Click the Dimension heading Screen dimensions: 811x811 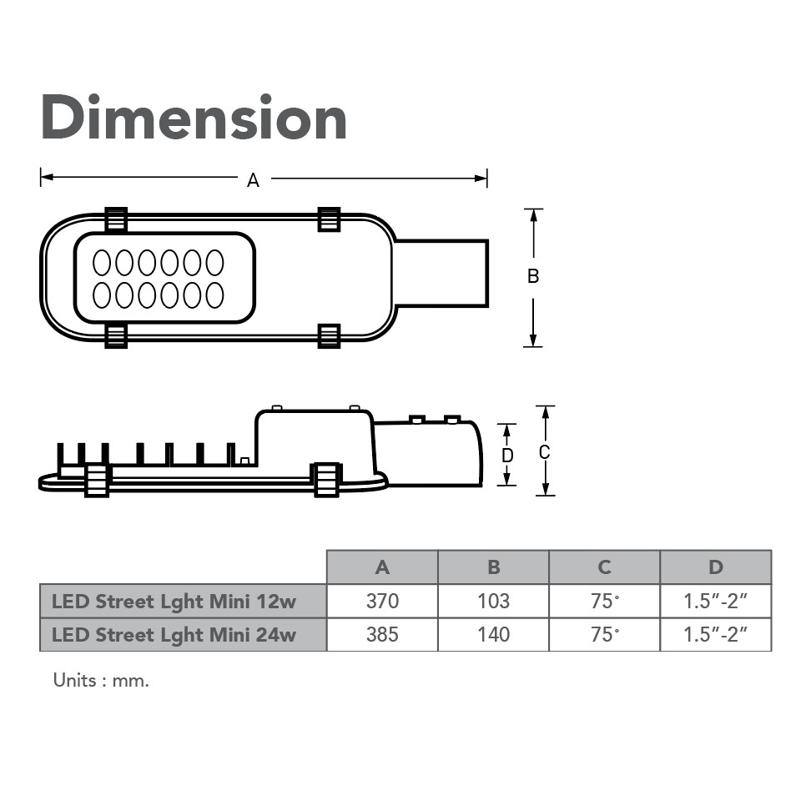click(x=194, y=117)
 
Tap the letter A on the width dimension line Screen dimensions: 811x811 click(x=253, y=180)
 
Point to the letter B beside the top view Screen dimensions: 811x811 click(x=533, y=276)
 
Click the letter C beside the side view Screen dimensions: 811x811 click(x=544, y=452)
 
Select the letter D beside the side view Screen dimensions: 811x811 click(x=507, y=456)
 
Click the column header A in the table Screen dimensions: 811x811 click(x=382, y=567)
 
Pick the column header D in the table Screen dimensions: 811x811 click(x=716, y=567)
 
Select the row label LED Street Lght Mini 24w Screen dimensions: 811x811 click(x=174, y=635)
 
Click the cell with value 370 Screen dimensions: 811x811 click(x=382, y=601)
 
